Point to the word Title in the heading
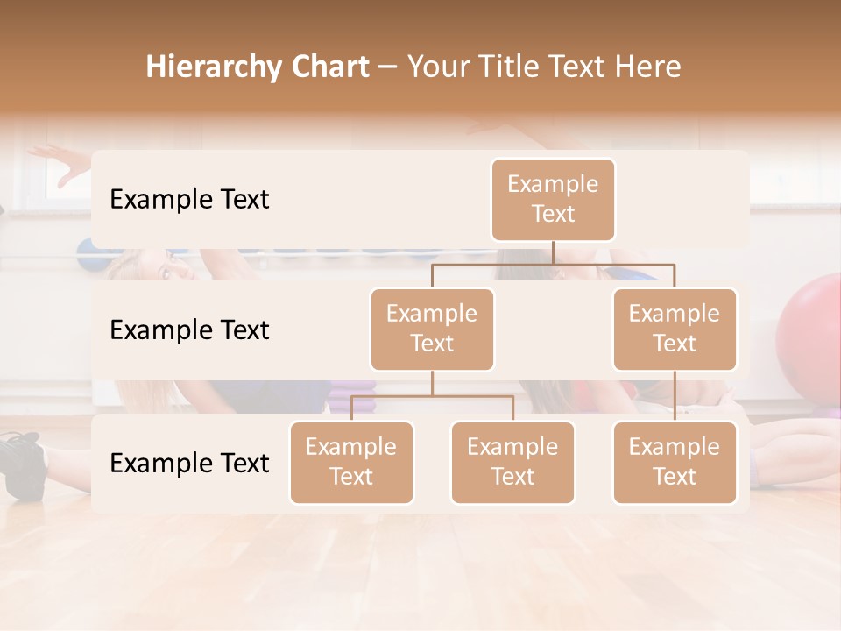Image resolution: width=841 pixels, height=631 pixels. [x=511, y=67]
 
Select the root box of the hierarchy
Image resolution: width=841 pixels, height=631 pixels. [x=553, y=199]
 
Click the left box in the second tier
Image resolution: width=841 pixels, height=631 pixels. [x=432, y=329]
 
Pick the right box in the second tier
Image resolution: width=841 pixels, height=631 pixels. [x=675, y=329]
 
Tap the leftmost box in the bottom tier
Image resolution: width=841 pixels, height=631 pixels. [x=351, y=462]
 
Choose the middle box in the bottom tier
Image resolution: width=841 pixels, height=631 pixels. [x=512, y=462]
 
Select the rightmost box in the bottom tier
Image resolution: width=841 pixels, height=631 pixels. [x=675, y=462]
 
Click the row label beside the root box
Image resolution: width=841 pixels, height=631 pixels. [x=189, y=200]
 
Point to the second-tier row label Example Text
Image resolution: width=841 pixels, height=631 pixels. [x=189, y=330]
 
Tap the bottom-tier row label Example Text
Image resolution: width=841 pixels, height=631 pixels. [x=189, y=463]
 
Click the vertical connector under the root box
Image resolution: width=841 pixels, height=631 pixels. [x=553, y=252]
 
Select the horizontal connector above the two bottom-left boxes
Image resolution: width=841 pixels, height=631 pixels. [x=432, y=396]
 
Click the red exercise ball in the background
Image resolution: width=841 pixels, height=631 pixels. [x=810, y=324]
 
